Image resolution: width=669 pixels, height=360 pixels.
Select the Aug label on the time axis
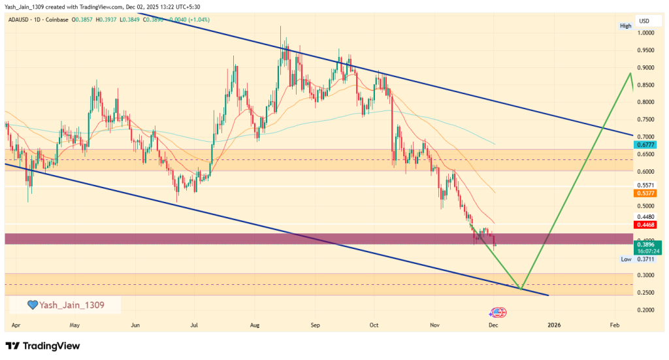click(255, 325)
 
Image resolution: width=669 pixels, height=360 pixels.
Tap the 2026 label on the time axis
click(554, 325)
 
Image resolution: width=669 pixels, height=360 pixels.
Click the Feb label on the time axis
click(614, 325)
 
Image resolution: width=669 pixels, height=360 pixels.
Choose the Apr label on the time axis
click(15, 325)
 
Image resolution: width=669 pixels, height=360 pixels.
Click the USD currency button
click(644, 21)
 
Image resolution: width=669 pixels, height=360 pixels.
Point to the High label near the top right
click(626, 25)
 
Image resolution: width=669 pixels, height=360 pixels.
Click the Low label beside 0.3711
click(626, 259)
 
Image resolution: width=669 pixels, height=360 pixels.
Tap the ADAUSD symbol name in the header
click(20, 21)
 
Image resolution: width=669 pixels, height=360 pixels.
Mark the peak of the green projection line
click(630, 73)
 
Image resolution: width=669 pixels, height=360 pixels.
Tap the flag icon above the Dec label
click(498, 313)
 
